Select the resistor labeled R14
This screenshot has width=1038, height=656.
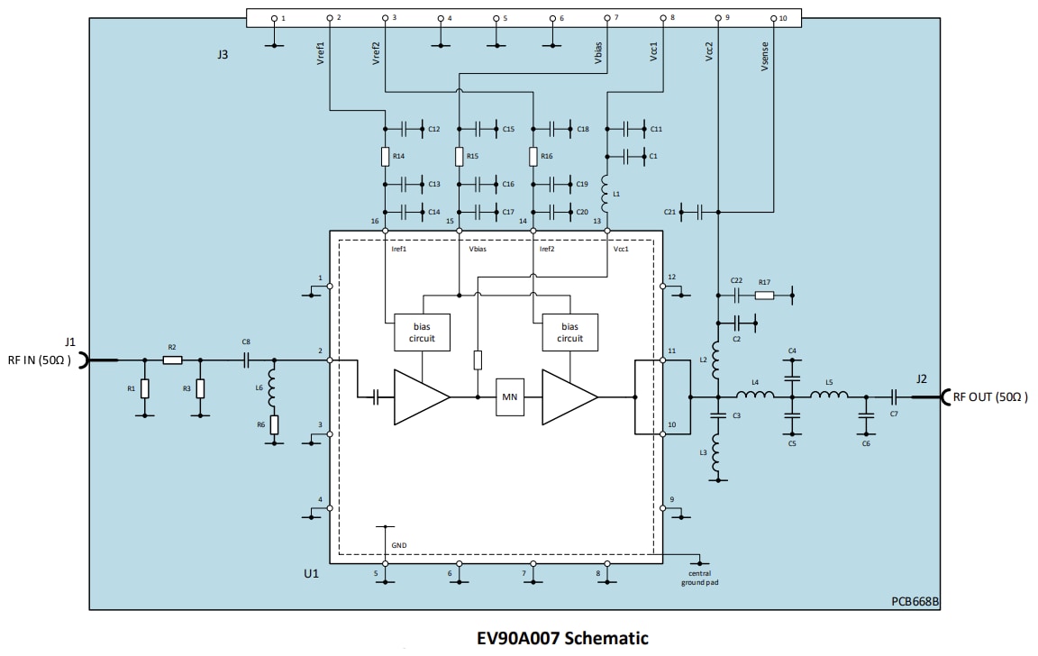click(385, 157)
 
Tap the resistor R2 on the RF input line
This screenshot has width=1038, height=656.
click(172, 360)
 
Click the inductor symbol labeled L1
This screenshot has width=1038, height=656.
click(606, 187)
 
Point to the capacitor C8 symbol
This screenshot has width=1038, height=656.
click(246, 360)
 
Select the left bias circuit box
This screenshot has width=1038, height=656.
click(423, 333)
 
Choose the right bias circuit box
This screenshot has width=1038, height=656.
click(569, 333)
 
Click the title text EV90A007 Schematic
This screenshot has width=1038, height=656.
click(562, 639)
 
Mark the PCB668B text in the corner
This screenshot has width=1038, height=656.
click(916, 601)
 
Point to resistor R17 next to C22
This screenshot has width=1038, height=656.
click(764, 295)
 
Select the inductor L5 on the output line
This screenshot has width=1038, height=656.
click(828, 396)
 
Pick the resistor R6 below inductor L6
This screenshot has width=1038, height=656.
click(274, 424)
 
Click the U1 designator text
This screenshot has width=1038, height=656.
click(310, 572)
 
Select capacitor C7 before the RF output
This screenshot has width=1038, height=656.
click(894, 396)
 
